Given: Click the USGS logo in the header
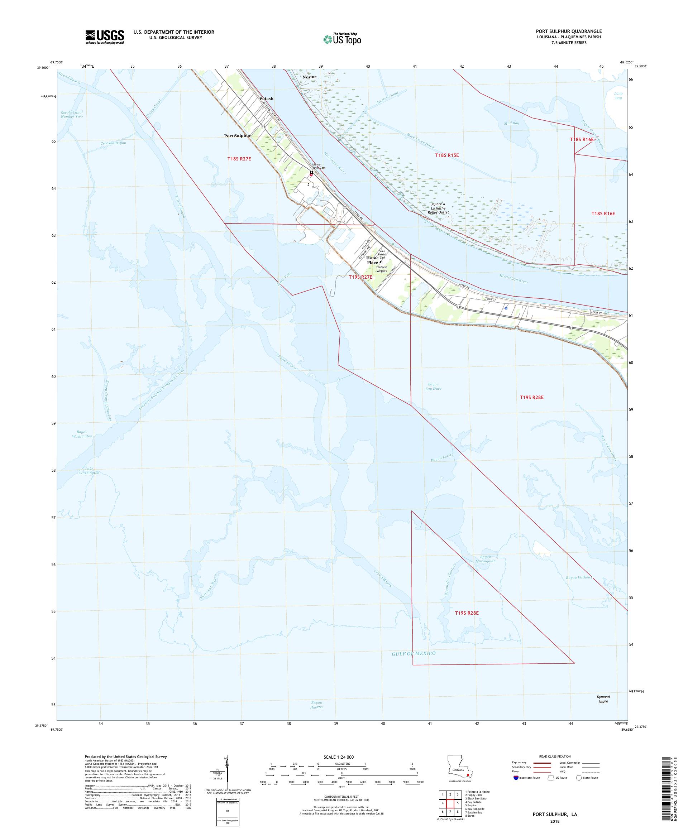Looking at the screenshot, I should pyautogui.click(x=105, y=37).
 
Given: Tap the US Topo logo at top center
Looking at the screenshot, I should pyautogui.click(x=343, y=38).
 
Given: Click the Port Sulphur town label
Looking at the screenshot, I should pyautogui.click(x=238, y=135).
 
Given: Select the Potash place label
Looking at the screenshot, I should pyautogui.click(x=266, y=99).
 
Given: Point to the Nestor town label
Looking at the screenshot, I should pyautogui.click(x=309, y=77).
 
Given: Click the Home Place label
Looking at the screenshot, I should pyautogui.click(x=372, y=260).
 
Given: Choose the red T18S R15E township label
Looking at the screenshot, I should pyautogui.click(x=447, y=155).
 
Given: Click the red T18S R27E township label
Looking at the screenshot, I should pyautogui.click(x=239, y=159).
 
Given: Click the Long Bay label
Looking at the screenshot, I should pyautogui.click(x=618, y=96).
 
